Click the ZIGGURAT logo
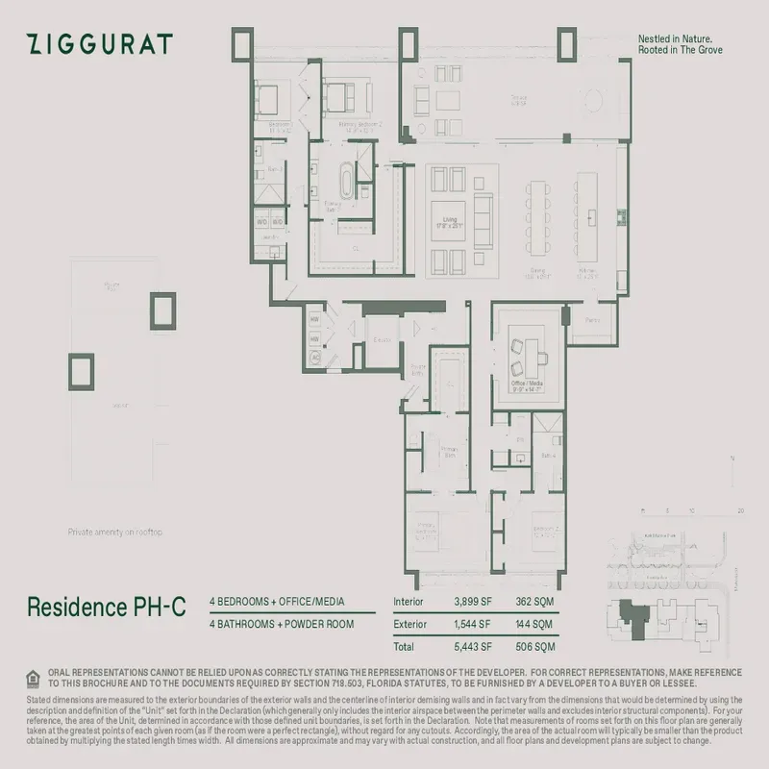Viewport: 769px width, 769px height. click(100, 44)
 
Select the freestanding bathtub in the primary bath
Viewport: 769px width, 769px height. click(345, 180)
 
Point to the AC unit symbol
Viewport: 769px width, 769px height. click(315, 360)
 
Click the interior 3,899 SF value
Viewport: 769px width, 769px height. click(473, 603)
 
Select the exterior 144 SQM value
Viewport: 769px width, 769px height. click(534, 624)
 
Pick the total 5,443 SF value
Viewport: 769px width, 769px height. click(473, 646)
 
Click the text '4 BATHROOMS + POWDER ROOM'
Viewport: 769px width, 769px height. click(282, 624)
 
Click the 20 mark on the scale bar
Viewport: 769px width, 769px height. click(740, 511)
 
